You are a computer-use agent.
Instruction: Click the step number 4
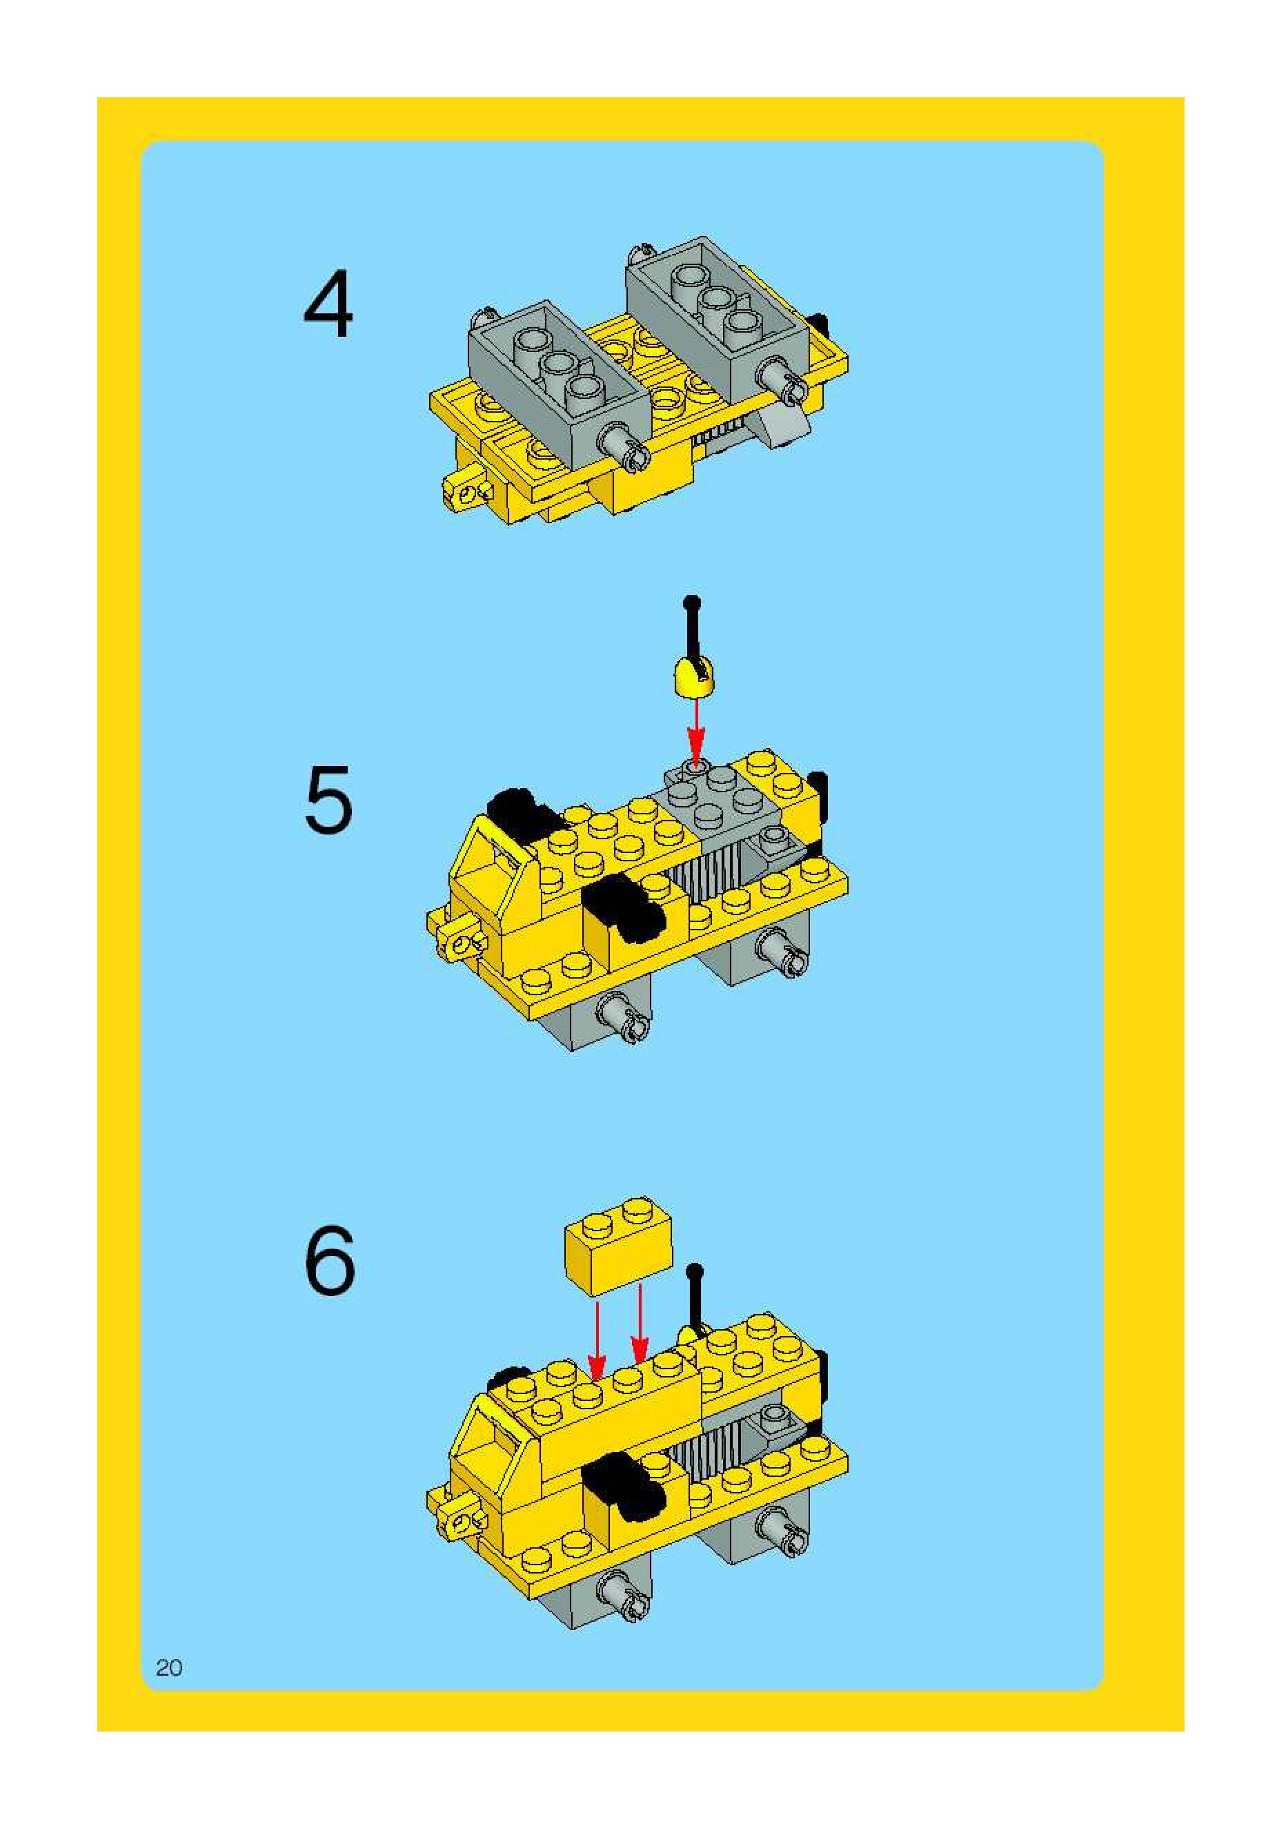pyautogui.click(x=328, y=304)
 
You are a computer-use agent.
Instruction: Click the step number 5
pyautogui.click(x=328, y=799)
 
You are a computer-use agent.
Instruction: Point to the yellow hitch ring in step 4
pyautogui.click(x=466, y=493)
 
